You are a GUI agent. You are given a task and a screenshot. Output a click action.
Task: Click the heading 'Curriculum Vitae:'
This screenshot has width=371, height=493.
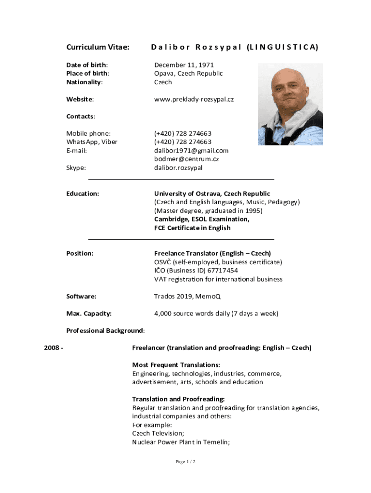click(98, 47)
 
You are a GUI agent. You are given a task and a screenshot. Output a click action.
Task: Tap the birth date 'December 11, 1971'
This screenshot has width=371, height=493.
click(184, 65)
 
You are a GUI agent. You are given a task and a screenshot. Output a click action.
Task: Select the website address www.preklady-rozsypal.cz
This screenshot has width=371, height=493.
click(194, 99)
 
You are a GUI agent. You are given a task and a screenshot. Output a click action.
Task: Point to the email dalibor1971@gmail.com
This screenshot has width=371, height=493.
click(191, 150)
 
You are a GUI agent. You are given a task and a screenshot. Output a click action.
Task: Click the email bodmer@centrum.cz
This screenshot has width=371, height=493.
click(186, 159)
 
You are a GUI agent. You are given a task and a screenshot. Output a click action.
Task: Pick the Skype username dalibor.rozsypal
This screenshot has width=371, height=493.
click(178, 168)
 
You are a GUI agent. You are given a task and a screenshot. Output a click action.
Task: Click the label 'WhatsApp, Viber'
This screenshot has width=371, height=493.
click(92, 142)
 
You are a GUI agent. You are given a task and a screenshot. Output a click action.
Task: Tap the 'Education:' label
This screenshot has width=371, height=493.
click(83, 194)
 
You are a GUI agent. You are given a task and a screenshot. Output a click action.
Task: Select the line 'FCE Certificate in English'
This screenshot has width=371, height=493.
click(192, 228)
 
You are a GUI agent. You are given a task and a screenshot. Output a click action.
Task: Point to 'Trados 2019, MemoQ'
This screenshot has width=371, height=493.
click(187, 296)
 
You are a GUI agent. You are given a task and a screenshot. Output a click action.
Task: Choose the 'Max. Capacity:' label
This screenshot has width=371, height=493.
click(89, 313)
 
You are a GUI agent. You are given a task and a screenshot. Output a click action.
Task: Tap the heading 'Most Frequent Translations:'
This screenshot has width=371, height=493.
click(176, 364)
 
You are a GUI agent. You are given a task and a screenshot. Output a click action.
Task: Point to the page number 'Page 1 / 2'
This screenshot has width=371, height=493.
click(185, 462)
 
